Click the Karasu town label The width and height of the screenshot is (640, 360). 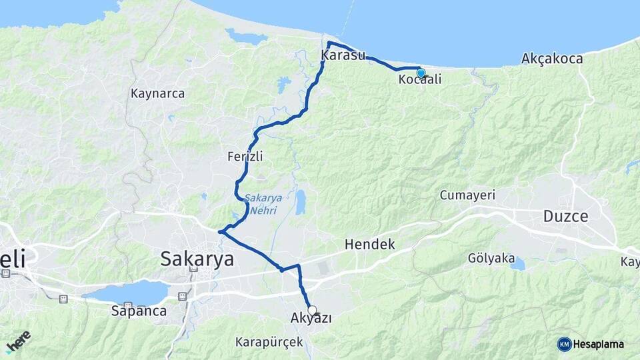click(x=343, y=56)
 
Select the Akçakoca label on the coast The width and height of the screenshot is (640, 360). click(x=552, y=59)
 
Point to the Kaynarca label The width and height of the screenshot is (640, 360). click(x=158, y=93)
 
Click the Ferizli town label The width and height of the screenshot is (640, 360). click(x=245, y=157)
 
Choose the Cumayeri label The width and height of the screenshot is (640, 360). click(x=467, y=195)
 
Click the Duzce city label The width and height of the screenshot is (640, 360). click(x=565, y=216)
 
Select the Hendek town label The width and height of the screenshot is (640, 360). click(x=370, y=245)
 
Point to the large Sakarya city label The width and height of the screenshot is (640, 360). click(x=197, y=259)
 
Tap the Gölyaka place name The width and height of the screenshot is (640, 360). click(x=490, y=257)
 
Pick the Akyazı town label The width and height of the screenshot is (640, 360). click(x=311, y=319)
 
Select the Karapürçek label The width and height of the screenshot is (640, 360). click(x=269, y=342)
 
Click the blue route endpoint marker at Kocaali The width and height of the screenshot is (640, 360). click(x=421, y=73)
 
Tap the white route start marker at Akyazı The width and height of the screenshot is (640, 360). click(x=312, y=310)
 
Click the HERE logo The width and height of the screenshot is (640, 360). click(x=19, y=341)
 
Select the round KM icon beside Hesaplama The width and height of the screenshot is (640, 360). click(x=564, y=344)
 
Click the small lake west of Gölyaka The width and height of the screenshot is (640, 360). click(x=517, y=265)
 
